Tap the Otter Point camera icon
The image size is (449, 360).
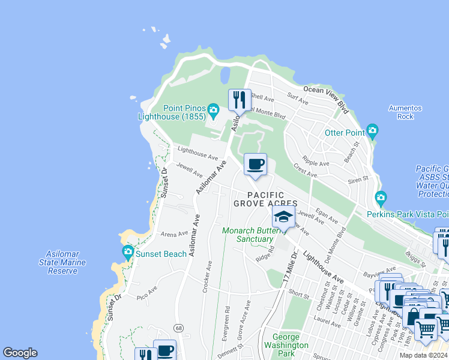click(372, 131)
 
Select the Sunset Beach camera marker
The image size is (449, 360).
click(127, 253)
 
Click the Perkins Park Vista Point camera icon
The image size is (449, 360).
click(381, 198)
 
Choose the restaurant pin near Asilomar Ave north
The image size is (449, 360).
click(240, 100)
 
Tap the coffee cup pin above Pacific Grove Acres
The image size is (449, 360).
click(256, 165)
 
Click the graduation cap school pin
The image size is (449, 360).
click(284, 217)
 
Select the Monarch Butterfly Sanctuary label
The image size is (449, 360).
click(248, 235)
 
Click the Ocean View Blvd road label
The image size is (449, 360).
click(326, 98)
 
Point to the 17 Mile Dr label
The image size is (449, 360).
click(291, 268)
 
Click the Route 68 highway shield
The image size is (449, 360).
click(179, 328)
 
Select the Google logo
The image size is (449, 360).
click(20, 353)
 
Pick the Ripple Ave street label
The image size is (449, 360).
click(316, 163)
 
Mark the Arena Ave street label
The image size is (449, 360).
click(175, 234)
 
